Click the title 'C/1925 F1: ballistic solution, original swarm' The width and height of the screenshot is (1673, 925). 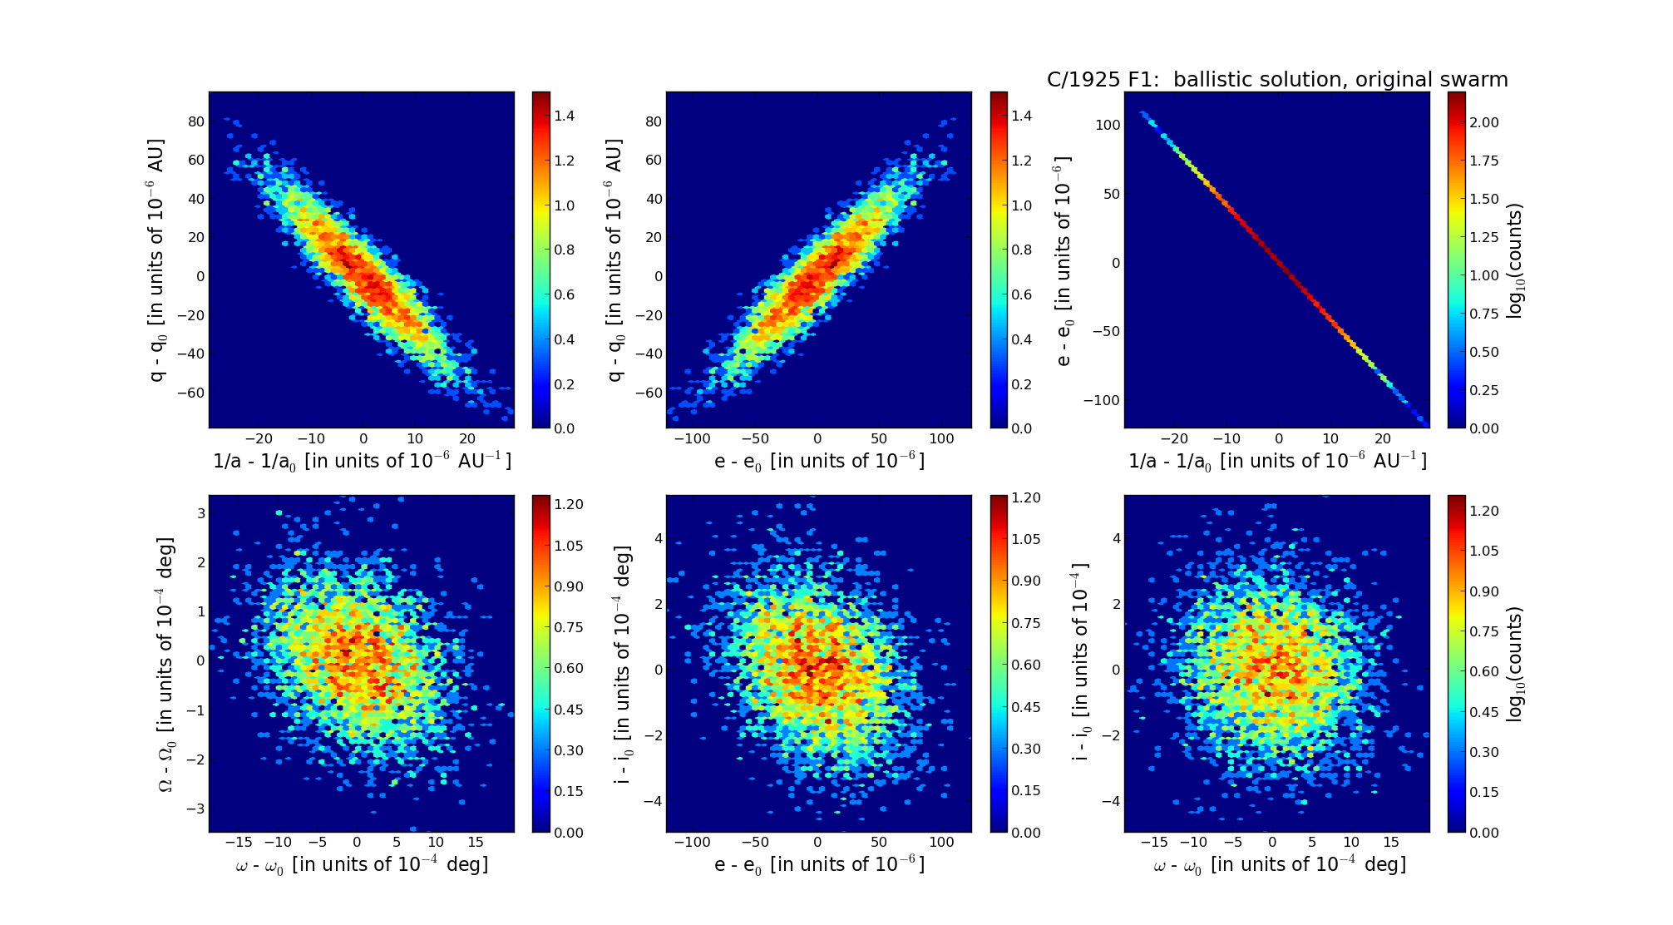(1276, 80)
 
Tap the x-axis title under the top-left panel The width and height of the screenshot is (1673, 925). (362, 462)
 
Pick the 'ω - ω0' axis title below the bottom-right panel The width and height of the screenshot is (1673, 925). (1279, 865)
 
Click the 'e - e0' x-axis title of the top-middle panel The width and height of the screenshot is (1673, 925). (819, 462)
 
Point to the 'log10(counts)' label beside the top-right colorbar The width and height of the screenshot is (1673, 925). (1514, 260)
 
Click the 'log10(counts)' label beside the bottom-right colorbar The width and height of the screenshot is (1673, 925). (1514, 664)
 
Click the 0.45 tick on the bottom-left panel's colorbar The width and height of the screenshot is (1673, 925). (569, 710)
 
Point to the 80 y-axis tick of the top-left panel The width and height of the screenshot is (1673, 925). (196, 121)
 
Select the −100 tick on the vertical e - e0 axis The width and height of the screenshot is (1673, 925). (1101, 400)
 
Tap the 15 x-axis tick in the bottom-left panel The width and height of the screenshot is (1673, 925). (475, 842)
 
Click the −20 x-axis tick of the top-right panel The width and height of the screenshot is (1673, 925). (1173, 438)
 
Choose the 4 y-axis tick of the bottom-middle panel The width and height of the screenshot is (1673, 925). (659, 538)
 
